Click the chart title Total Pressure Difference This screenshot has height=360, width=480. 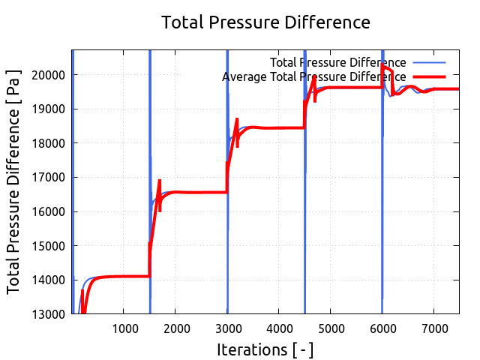pos(266,22)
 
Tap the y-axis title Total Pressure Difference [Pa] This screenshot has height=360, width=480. pos(14,182)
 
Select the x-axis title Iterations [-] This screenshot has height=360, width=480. pos(265,349)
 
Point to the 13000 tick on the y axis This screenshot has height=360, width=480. pos(49,314)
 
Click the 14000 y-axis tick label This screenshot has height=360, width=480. pos(49,280)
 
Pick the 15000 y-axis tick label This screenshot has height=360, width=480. pos(49,246)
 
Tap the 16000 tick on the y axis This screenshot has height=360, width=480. pos(49,211)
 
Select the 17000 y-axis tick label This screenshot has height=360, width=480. pos(49,178)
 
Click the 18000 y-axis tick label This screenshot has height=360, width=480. pos(49,143)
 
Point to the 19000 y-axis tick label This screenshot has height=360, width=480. pos(49,109)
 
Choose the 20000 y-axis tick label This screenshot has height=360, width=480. pos(49,75)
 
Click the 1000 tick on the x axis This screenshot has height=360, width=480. pos(124,328)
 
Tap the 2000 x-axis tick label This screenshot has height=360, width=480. pos(175,328)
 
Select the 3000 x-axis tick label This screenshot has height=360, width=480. pos(227,328)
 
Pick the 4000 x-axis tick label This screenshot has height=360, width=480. pos(278,328)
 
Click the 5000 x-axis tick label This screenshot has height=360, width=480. pos(330,328)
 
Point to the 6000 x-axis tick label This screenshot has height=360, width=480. pos(382,328)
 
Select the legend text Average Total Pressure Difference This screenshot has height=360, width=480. pos(314,76)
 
